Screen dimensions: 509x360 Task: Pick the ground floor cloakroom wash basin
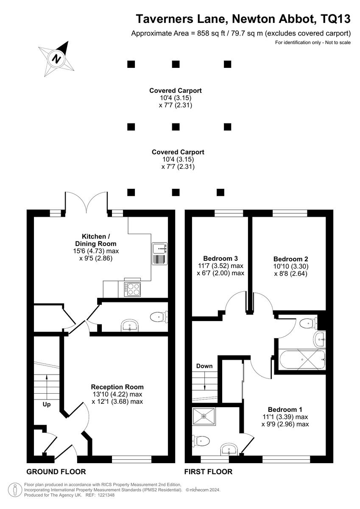click(130, 326)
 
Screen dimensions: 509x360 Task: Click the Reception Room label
click(117, 387)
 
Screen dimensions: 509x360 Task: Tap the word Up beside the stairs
click(46, 404)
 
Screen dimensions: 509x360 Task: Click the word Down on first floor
click(204, 366)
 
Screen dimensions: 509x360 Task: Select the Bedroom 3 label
click(220, 258)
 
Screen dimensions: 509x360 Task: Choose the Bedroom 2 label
click(290, 259)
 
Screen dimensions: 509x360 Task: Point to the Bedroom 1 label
click(285, 410)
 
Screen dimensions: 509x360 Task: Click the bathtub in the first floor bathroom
click(301, 360)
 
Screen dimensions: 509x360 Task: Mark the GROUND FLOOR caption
click(56, 472)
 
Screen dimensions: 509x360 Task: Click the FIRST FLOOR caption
click(208, 472)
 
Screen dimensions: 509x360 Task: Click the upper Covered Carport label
click(175, 90)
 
